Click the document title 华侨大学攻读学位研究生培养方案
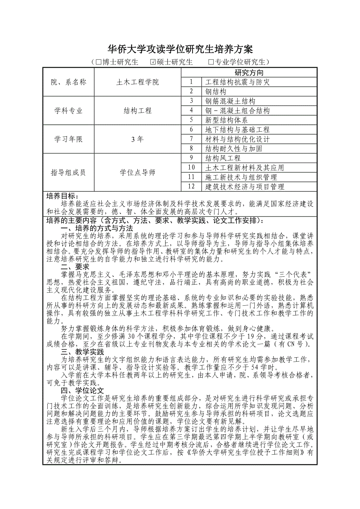point(180,49)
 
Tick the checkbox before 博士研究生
point(99,62)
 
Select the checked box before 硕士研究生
point(153,62)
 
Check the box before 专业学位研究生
point(211,62)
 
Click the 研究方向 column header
point(249,73)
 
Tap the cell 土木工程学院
point(138,82)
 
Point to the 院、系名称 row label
point(68,82)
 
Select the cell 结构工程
point(138,111)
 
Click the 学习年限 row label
point(68,139)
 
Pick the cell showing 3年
point(138,139)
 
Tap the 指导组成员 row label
point(68,172)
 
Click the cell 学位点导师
point(138,172)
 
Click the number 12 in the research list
point(191,187)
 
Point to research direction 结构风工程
point(223,158)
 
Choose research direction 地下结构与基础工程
point(238,130)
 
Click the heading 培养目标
point(63,196)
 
